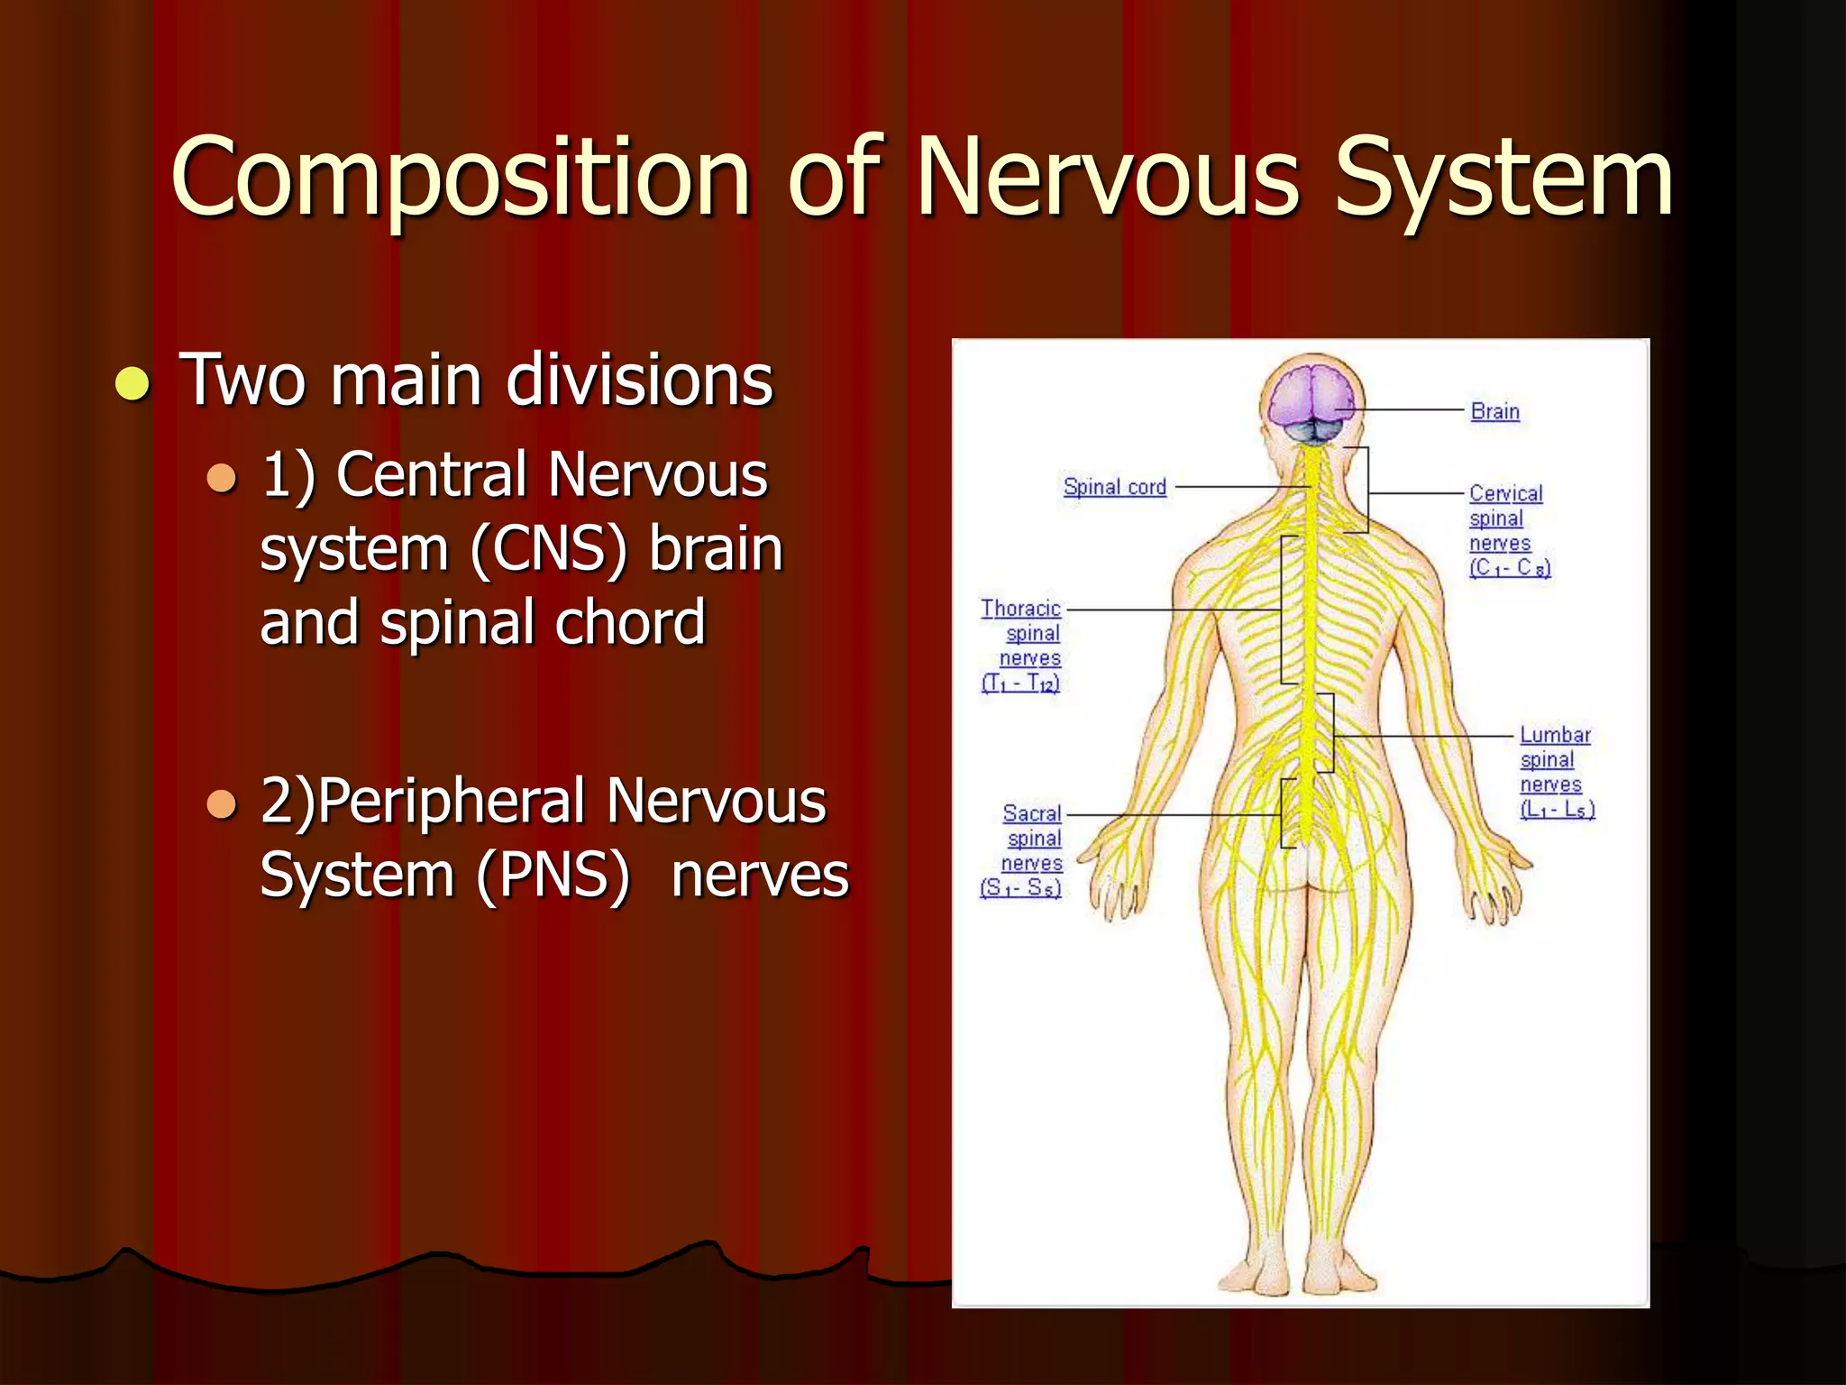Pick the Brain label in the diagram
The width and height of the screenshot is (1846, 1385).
(x=1494, y=412)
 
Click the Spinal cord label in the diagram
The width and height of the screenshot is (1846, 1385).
(x=1114, y=487)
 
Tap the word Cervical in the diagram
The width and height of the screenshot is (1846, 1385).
(x=1505, y=494)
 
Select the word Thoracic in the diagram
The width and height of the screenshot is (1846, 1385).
(x=1020, y=609)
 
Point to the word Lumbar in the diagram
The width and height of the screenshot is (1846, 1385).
(x=1555, y=736)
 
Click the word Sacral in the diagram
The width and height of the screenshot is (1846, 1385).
(x=1032, y=814)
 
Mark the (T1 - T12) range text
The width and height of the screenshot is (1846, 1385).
(x=1020, y=683)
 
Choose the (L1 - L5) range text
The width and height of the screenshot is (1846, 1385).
(x=1557, y=810)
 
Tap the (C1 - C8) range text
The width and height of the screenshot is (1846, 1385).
(x=1510, y=568)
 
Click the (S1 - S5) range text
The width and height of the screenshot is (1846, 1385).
(x=1020, y=888)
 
